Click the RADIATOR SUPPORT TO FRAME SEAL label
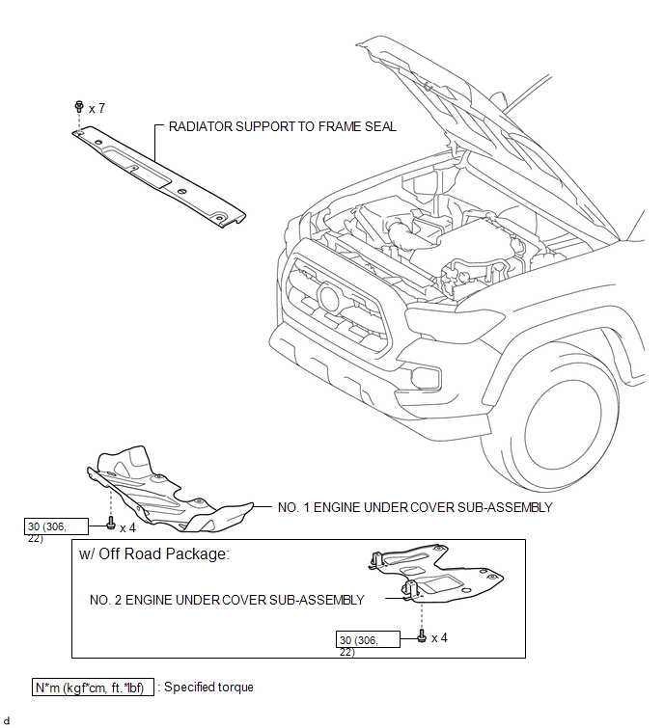[282, 126]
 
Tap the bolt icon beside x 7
[79, 109]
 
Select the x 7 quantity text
[97, 109]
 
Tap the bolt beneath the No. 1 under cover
[112, 526]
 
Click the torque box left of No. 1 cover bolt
[60, 526]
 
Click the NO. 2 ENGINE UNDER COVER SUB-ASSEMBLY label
[227, 600]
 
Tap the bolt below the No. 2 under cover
[422, 637]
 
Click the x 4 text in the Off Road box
[439, 637]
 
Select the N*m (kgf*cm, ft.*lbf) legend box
[93, 688]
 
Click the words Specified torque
[209, 688]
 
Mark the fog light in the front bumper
[425, 377]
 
